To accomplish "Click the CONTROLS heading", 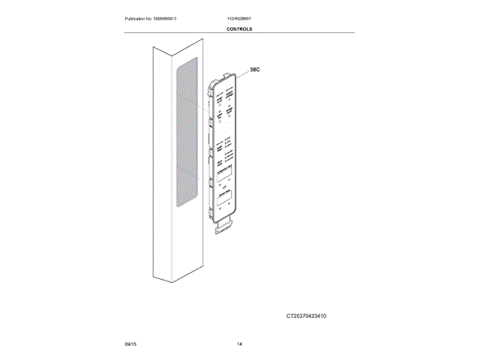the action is coord(239,29).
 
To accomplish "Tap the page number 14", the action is coord(239,343).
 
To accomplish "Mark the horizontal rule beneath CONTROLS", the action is coord(239,33).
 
